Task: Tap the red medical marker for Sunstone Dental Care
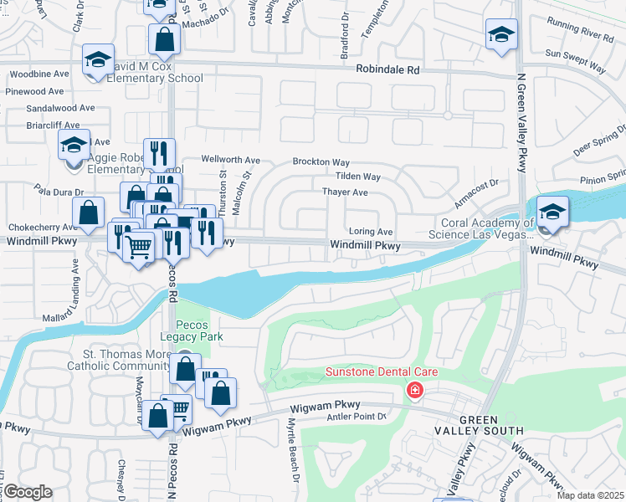click(414, 391)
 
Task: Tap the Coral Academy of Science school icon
click(552, 212)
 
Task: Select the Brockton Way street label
click(321, 161)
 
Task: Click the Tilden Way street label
click(357, 177)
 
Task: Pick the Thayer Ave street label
click(345, 192)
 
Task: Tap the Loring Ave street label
click(370, 231)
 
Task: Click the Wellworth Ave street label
click(231, 160)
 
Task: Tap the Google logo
click(28, 492)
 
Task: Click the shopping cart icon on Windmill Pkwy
click(138, 246)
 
